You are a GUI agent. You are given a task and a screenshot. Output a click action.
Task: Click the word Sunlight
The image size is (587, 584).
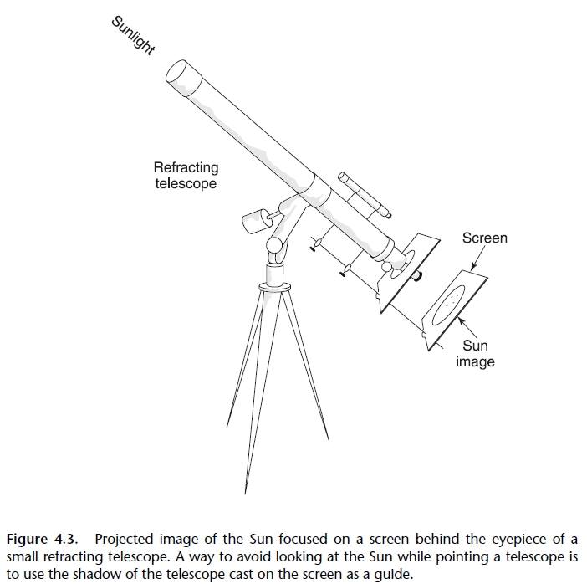[133, 34]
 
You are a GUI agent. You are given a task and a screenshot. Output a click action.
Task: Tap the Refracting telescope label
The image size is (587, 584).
[186, 175]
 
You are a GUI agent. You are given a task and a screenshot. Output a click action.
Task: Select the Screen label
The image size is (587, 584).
[484, 238]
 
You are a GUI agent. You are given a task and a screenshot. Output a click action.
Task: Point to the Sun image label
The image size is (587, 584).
[475, 353]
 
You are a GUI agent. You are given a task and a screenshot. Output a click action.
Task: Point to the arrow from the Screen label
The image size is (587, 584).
[476, 259]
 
